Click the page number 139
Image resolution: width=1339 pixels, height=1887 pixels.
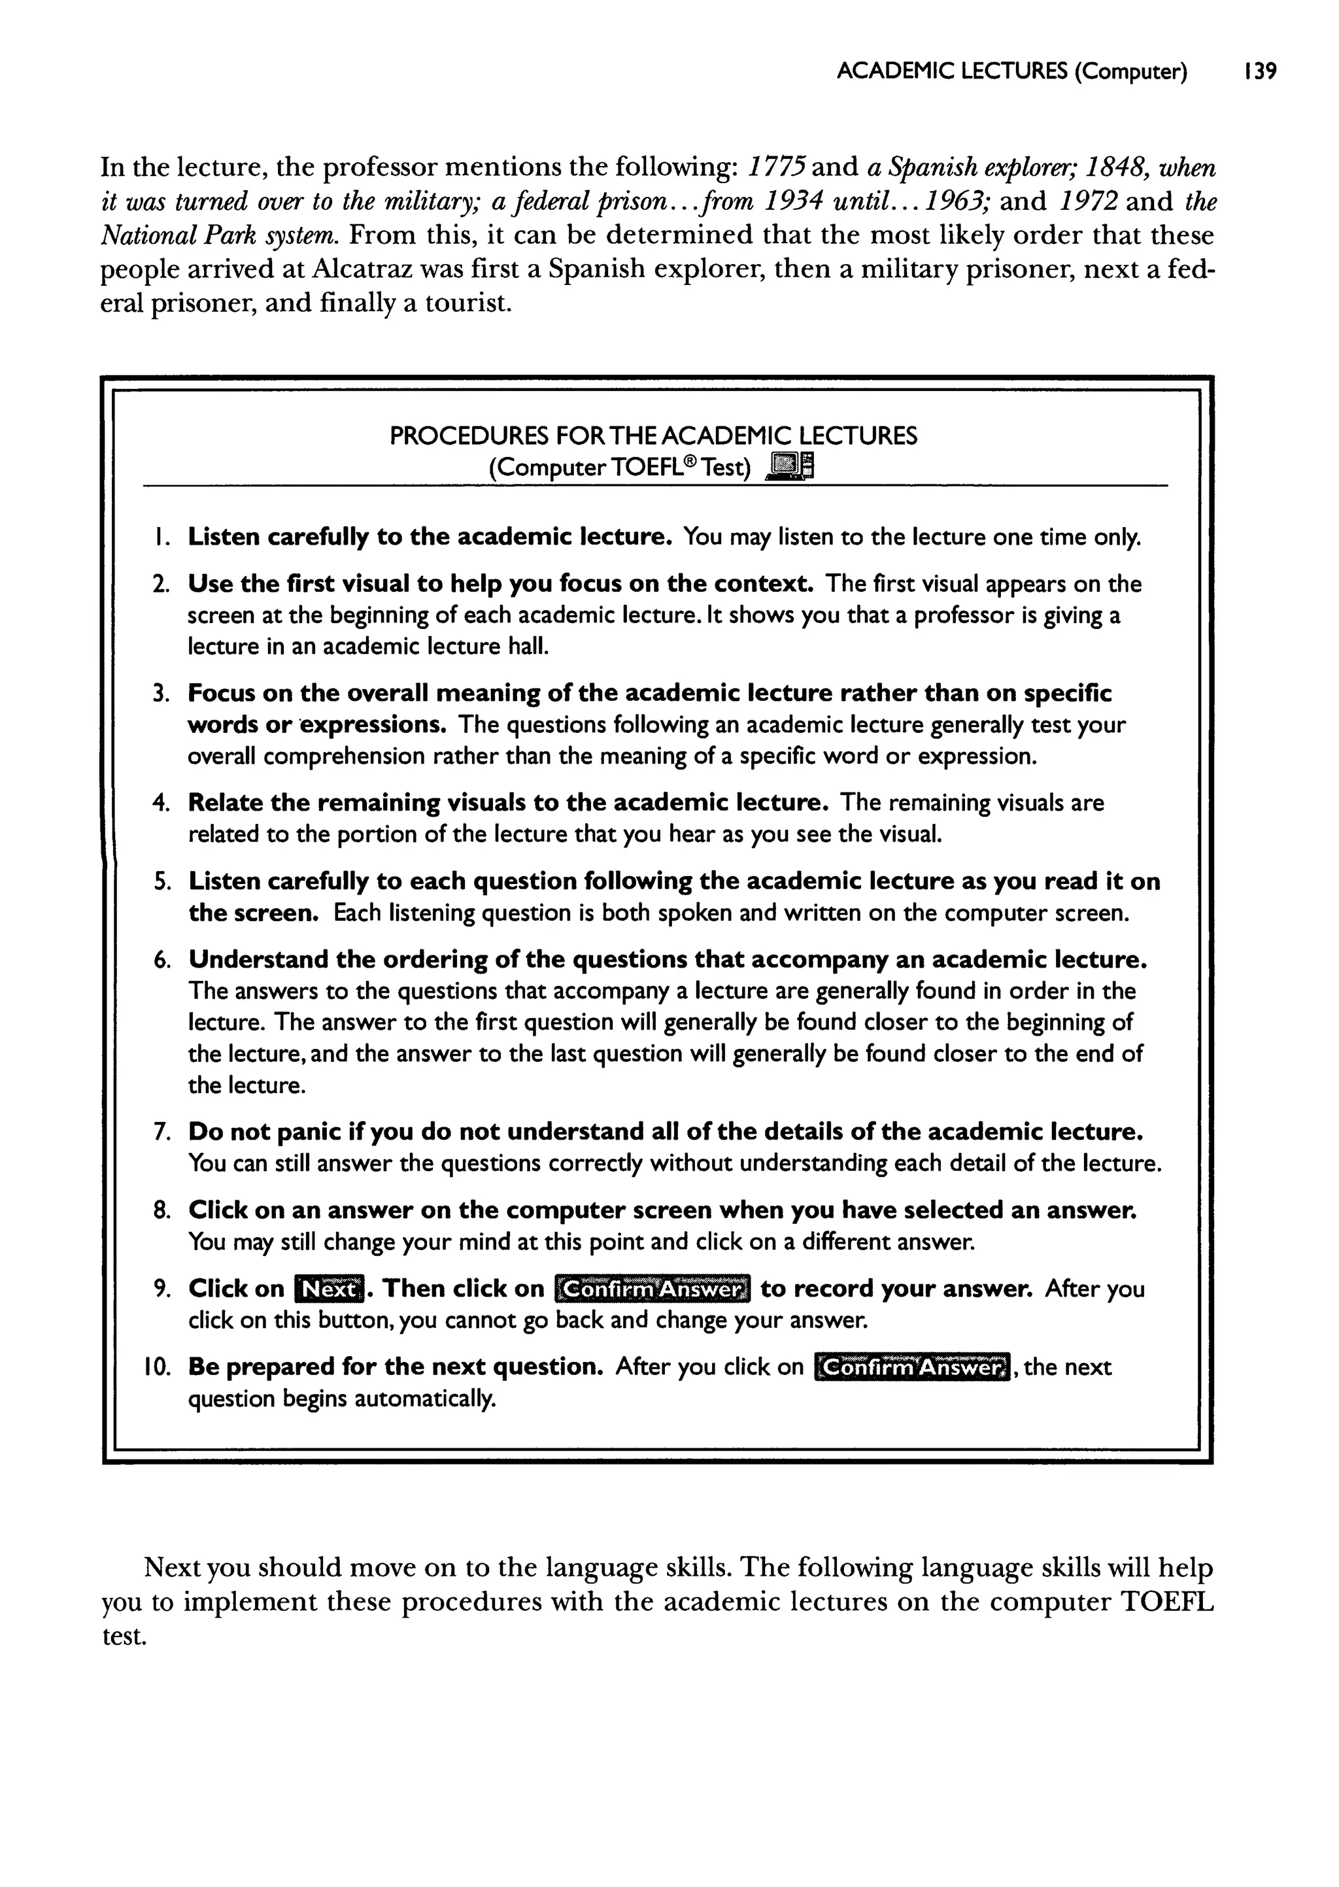pos(1260,72)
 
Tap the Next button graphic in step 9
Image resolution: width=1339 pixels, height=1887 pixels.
pos(329,1289)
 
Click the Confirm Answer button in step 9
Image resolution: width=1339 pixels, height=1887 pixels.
pos(653,1289)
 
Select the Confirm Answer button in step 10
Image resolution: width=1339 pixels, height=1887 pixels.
pos(911,1368)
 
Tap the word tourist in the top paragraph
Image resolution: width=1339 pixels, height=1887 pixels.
pos(467,304)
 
